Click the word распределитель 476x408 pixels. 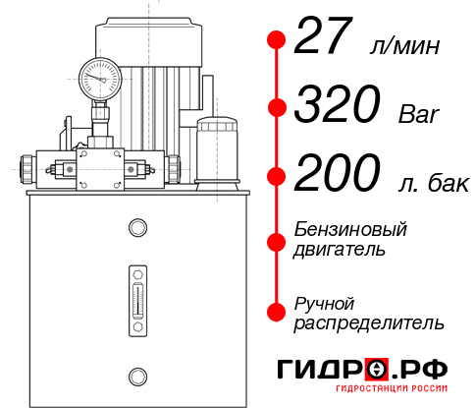[x=369, y=322]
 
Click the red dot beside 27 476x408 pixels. [x=278, y=39]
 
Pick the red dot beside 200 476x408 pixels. [x=278, y=177]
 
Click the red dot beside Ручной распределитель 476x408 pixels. [x=278, y=312]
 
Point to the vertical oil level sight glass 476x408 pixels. [x=136, y=292]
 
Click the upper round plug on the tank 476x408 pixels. [x=136, y=229]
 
